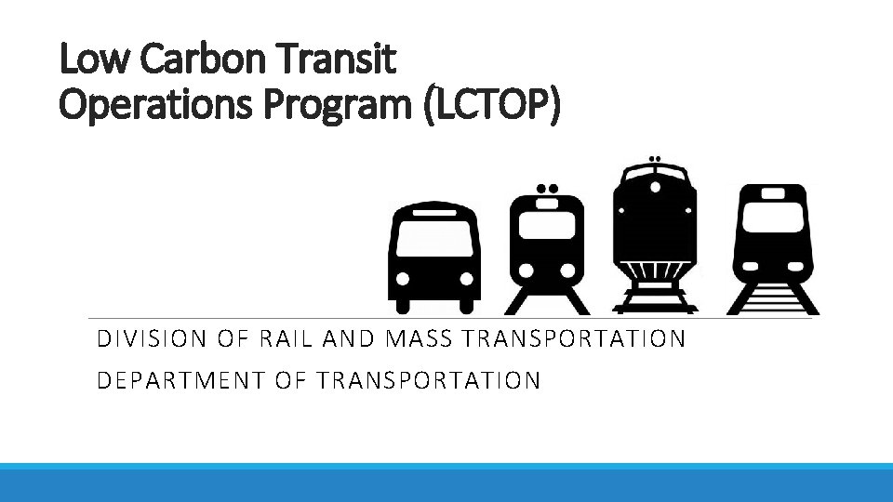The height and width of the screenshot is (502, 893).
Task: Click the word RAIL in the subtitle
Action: click(x=280, y=338)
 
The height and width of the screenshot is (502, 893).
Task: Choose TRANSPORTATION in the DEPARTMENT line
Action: click(x=428, y=380)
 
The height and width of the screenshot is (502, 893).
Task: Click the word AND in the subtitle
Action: click(x=348, y=338)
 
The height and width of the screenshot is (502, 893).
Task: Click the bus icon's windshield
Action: click(x=433, y=241)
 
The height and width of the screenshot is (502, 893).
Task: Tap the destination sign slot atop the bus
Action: click(x=433, y=212)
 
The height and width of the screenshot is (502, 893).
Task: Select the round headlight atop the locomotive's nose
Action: click(x=656, y=187)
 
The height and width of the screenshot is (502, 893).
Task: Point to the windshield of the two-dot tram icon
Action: click(x=548, y=224)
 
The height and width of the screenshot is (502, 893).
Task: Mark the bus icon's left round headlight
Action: click(x=404, y=278)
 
